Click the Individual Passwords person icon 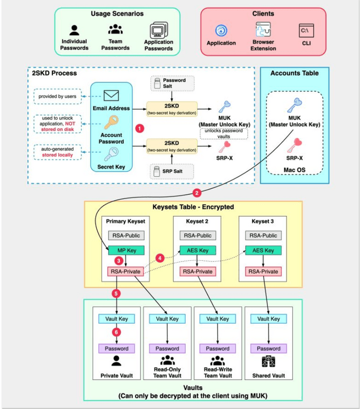click(x=75, y=30)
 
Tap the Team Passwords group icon click(x=115, y=30)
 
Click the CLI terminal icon click(x=307, y=30)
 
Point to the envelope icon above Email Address click(x=111, y=95)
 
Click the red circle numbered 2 click(x=196, y=193)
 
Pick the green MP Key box click(x=125, y=250)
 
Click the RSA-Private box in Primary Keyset click(x=125, y=271)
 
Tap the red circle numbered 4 click(x=159, y=256)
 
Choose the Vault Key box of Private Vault click(x=117, y=318)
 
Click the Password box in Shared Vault click(x=268, y=348)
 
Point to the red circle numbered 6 click(x=117, y=333)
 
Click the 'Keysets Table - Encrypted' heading click(x=193, y=207)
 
